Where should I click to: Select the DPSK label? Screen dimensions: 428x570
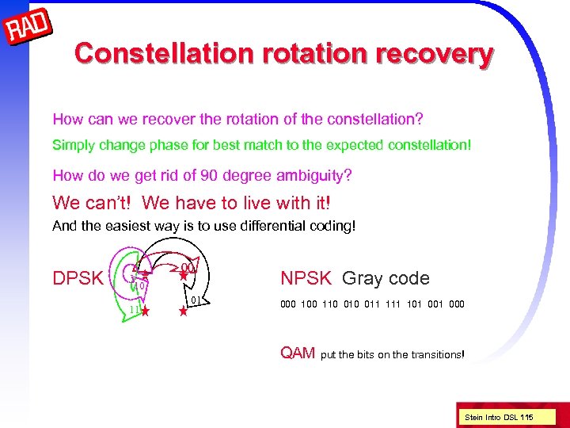(x=78, y=278)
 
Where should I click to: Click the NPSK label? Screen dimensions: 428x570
(x=307, y=278)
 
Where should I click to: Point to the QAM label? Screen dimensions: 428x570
(x=298, y=353)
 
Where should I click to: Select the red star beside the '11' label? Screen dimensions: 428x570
(x=146, y=311)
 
